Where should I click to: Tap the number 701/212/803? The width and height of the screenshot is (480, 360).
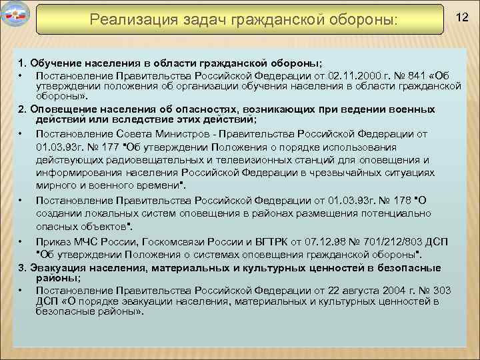coord(371,241)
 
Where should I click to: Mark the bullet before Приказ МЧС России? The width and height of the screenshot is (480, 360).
coord(21,241)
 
